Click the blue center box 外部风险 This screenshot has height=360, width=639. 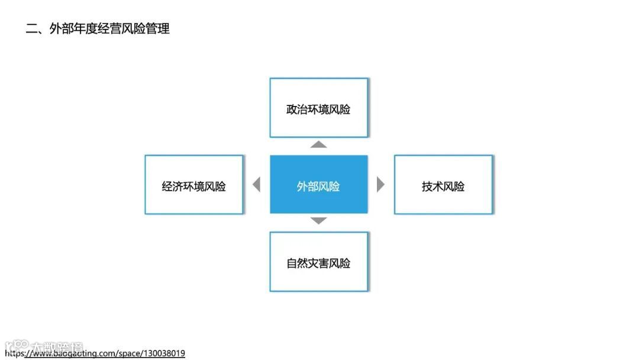point(318,184)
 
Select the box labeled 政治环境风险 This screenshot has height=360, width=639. point(318,108)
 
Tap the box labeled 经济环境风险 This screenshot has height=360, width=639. point(193,185)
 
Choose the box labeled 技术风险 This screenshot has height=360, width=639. point(443,185)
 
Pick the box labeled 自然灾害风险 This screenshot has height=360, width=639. point(318,262)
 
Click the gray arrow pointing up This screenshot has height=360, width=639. point(319,144)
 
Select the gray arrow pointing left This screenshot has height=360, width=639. point(256,185)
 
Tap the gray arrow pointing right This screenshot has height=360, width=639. point(380,185)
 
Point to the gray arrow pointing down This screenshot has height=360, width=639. point(319,221)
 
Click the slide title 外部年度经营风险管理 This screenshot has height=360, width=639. point(109,28)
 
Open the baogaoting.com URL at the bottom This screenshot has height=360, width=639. point(95,353)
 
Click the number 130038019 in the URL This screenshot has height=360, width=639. point(163,353)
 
